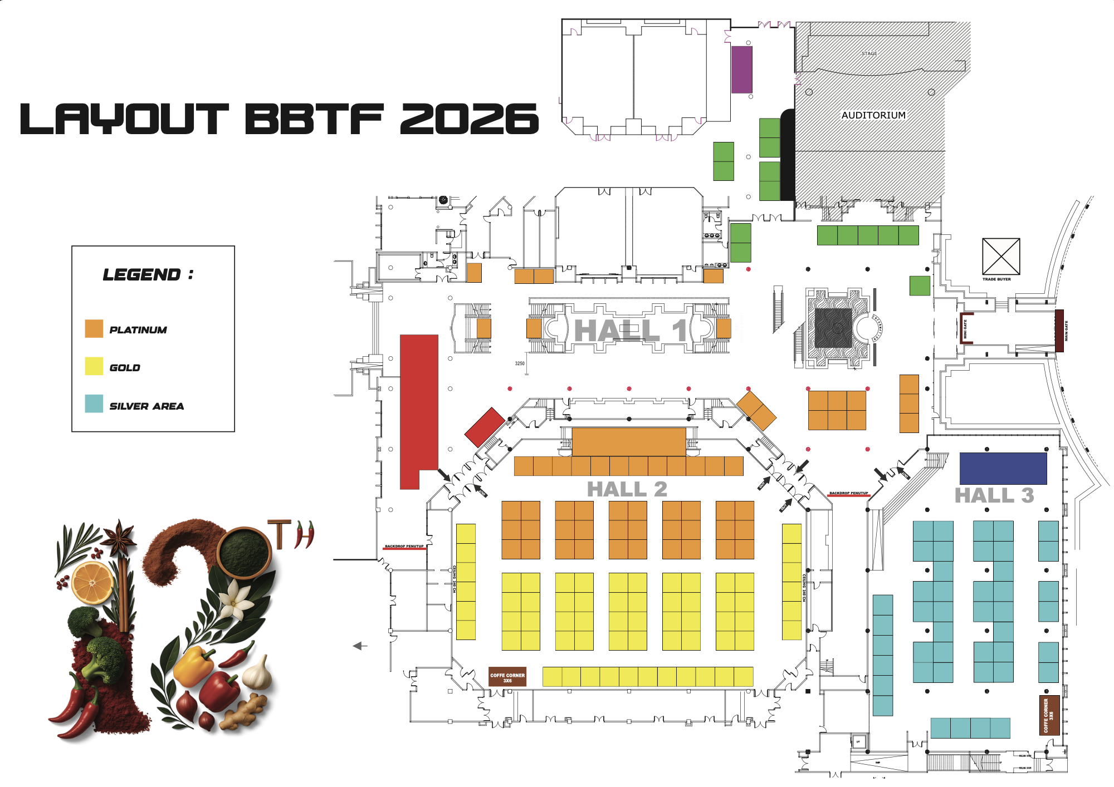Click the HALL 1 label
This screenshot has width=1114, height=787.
click(x=629, y=331)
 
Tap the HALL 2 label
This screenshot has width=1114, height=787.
click(x=627, y=489)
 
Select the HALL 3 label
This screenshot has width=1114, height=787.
click(x=994, y=495)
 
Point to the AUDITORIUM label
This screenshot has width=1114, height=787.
click(x=873, y=115)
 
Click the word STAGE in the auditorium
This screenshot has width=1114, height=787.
click(x=869, y=53)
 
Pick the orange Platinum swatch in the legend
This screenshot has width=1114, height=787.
click(x=94, y=328)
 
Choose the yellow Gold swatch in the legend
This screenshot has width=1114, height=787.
click(x=94, y=366)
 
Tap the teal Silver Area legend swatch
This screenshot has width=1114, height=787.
click(x=94, y=404)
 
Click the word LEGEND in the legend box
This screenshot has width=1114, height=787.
click(x=142, y=274)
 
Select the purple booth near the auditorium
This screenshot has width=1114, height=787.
click(x=741, y=70)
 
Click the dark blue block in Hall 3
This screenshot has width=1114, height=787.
click(x=1003, y=468)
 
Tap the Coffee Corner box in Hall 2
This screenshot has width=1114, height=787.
click(x=507, y=677)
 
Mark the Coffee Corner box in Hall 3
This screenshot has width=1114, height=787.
click(x=1049, y=715)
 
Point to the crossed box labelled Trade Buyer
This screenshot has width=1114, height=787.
click(x=1000, y=257)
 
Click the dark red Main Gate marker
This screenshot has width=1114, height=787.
click(x=1059, y=331)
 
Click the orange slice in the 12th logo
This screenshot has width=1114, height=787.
click(x=92, y=583)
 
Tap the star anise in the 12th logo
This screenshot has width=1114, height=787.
click(x=119, y=538)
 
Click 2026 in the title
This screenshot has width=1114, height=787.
click(x=469, y=119)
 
